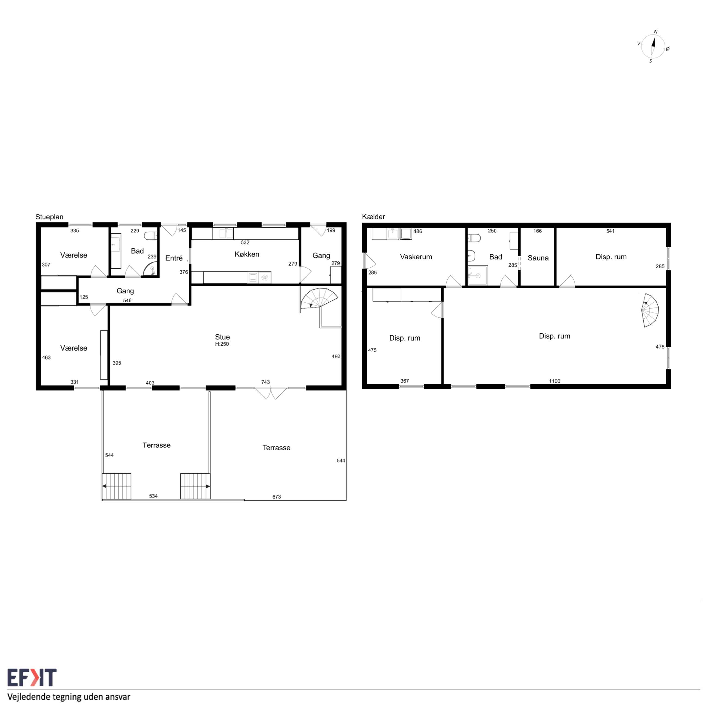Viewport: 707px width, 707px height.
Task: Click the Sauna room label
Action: click(x=538, y=258)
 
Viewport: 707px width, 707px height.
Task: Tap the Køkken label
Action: click(x=247, y=254)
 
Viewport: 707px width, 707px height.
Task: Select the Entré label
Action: click(x=174, y=258)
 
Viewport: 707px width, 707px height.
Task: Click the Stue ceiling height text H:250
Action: click(x=222, y=344)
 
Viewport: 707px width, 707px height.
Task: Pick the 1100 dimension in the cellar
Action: click(x=554, y=381)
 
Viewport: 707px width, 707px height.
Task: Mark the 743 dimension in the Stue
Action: click(x=265, y=382)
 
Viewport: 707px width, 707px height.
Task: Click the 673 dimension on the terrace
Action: click(x=277, y=497)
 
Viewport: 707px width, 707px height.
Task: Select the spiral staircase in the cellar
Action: click(x=650, y=310)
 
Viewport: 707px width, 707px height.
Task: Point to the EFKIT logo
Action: click(x=32, y=678)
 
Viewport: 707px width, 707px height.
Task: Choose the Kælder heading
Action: click(x=373, y=217)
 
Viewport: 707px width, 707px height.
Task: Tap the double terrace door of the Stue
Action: click(x=271, y=393)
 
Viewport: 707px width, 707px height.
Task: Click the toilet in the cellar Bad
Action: click(x=473, y=238)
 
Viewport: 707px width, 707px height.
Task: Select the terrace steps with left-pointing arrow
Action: click(x=116, y=486)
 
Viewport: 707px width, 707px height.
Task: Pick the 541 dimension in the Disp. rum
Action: click(x=610, y=231)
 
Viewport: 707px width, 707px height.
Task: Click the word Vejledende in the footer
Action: click(x=28, y=697)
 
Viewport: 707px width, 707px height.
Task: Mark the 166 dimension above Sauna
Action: click(x=538, y=231)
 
